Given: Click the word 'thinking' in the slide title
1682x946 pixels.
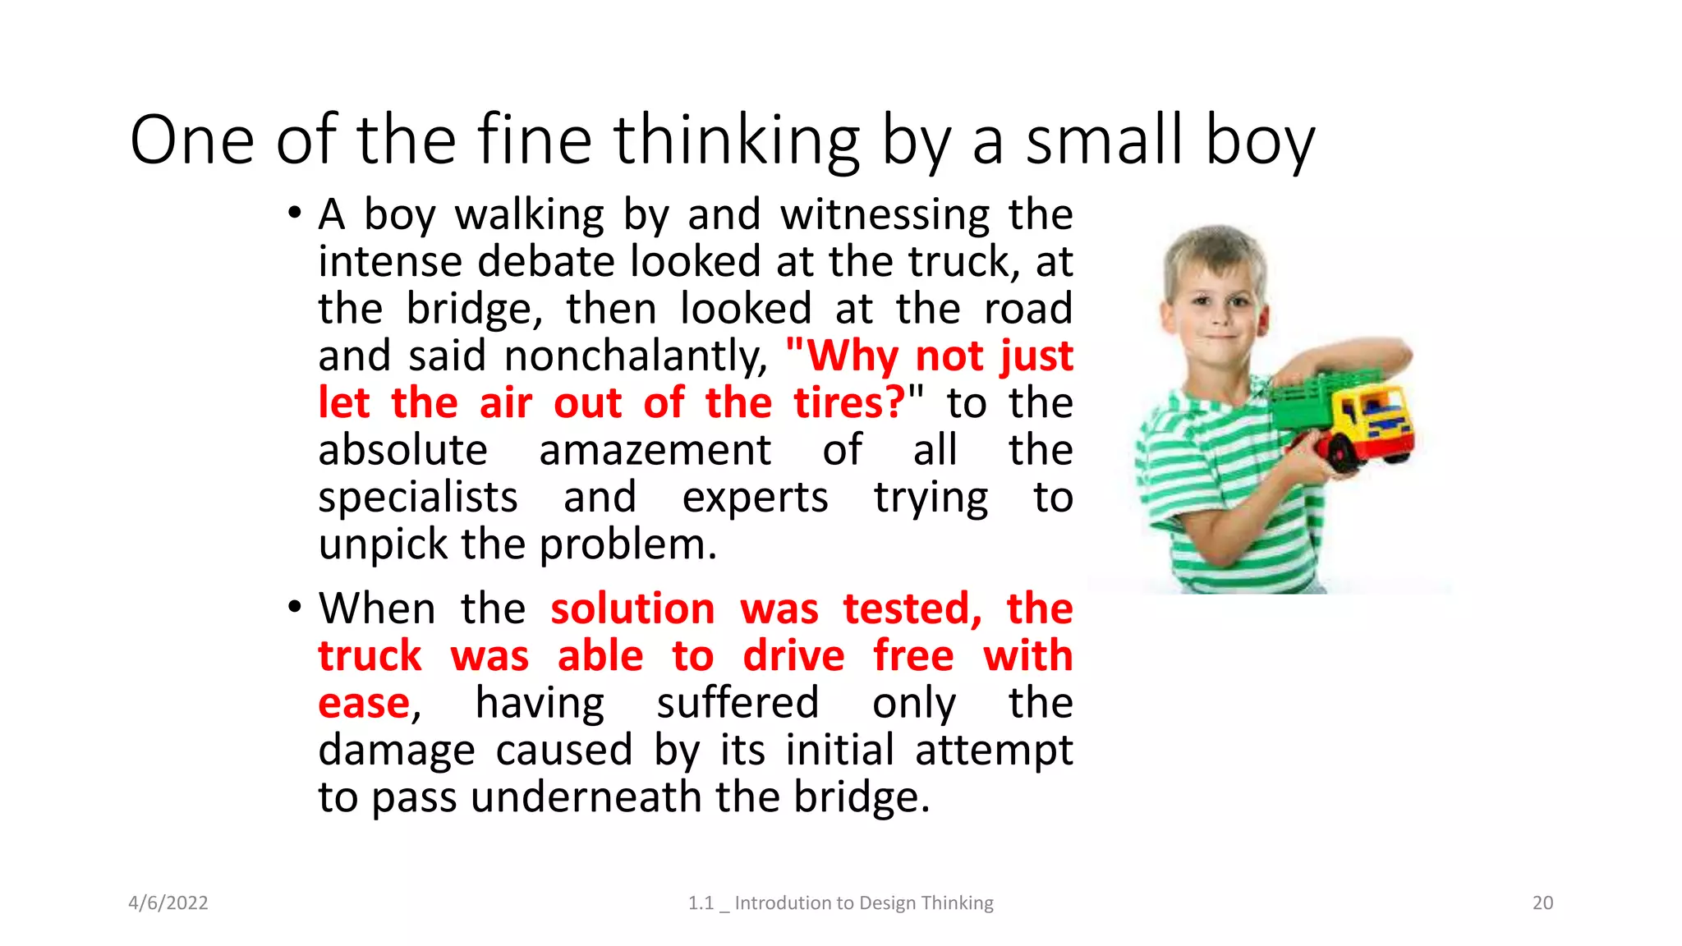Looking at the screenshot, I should pos(736,141).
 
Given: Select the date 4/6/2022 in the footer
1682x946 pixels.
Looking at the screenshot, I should pos(168,902).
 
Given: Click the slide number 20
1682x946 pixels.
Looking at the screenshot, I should pos(1542,902).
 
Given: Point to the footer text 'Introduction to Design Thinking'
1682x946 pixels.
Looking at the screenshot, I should pos(864,902).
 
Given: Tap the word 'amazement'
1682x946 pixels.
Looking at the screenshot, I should pos(655,450).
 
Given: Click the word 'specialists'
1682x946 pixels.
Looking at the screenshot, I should pos(418,498).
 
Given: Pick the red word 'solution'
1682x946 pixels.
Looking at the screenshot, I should pos(632,609).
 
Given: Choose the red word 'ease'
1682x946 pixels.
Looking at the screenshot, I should pos(364,704).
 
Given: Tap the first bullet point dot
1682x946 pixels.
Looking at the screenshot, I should pos(294,214).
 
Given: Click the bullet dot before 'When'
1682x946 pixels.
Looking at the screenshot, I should pos(294,608).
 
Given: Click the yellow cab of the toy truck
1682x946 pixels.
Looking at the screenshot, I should pos(1380,415).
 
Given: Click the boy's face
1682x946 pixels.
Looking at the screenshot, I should pos(1216,304).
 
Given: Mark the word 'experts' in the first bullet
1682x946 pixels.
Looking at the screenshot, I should pos(755,498).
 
